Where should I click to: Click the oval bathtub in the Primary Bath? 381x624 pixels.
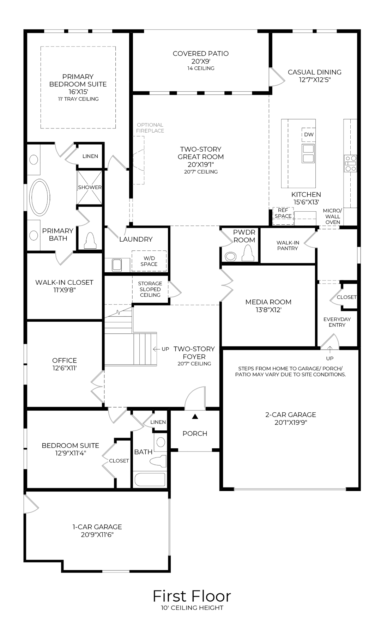[40, 198]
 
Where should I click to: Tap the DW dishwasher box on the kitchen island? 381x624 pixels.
[309, 134]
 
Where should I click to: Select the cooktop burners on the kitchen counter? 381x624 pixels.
[351, 163]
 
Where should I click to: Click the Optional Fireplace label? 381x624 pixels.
[150, 128]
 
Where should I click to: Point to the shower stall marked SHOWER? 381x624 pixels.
[90, 187]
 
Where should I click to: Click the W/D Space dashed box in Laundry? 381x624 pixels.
[149, 261]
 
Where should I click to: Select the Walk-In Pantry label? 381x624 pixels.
[288, 246]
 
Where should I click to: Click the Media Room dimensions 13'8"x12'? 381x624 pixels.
[268, 310]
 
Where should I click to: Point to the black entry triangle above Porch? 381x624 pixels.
[195, 417]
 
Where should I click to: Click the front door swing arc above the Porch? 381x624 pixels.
[195, 399]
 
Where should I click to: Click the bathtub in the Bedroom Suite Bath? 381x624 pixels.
[150, 479]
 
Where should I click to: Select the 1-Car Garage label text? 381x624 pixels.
[97, 527]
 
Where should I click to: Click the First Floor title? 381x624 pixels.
[192, 596]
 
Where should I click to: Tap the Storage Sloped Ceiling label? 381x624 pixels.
[150, 289]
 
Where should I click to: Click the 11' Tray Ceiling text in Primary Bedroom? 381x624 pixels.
[78, 99]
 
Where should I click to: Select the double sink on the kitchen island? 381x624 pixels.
[308, 153]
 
